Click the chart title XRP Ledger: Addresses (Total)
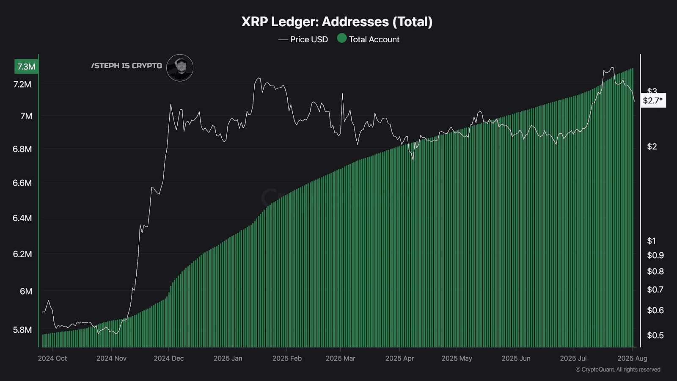coord(337,22)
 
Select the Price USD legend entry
coord(303,39)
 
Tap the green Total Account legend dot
coord(342,39)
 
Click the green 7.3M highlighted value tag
coord(26,66)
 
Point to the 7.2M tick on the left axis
coord(22,84)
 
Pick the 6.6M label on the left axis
coord(22,183)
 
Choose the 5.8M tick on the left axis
coord(22,330)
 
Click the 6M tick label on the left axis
coord(26,291)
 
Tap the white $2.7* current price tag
coord(653,100)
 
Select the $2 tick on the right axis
coord(652,146)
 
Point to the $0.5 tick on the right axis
coord(655,335)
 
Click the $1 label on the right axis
coord(652,241)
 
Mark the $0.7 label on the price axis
coord(655,290)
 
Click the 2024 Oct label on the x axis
coord(52,358)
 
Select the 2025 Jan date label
coord(228,358)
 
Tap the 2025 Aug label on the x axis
coord(632,358)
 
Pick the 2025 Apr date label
coord(399,358)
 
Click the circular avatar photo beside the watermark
coord(180,68)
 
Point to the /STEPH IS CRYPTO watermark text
coord(127,66)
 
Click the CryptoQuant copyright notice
coord(618,370)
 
